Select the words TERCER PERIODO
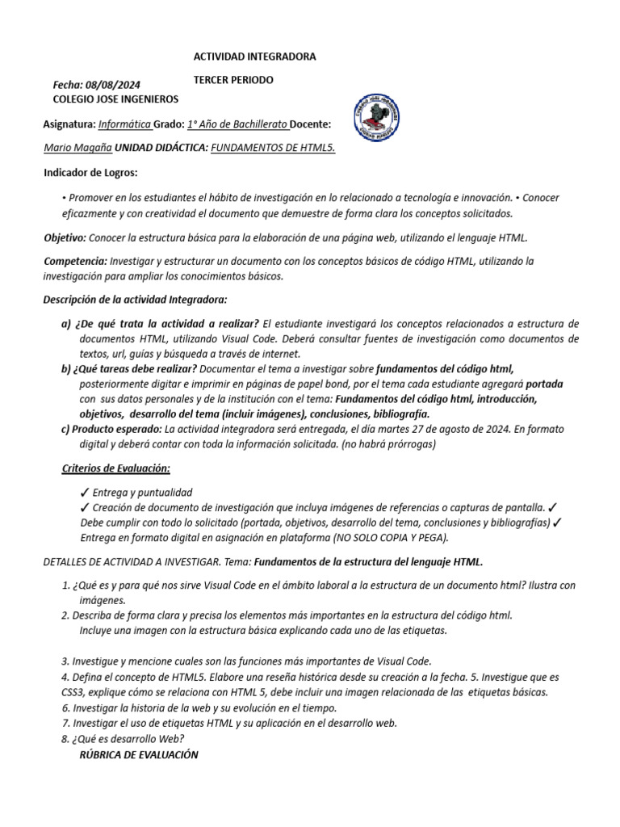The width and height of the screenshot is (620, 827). tap(234, 80)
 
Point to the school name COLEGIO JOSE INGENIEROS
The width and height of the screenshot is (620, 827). tap(115, 99)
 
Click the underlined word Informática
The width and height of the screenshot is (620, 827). tap(124, 124)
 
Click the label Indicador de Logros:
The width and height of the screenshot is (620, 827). tap(90, 173)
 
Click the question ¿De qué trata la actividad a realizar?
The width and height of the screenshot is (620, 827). tap(168, 324)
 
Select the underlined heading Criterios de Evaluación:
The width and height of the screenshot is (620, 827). tap(116, 468)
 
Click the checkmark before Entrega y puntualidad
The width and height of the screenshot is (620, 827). tap(85, 492)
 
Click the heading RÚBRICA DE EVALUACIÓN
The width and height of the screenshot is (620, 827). tap(139, 754)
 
